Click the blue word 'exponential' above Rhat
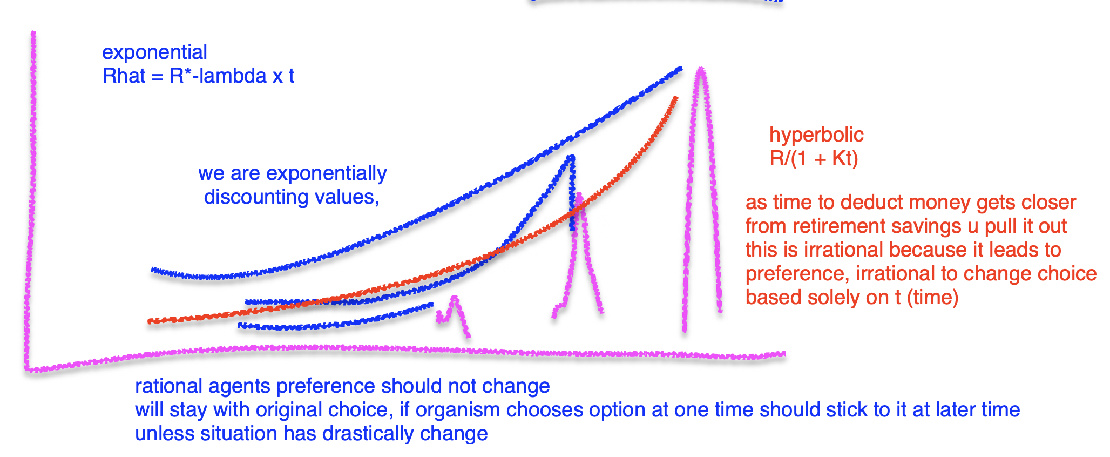(x=154, y=52)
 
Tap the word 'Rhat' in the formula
(x=124, y=76)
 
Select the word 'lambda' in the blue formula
(x=233, y=76)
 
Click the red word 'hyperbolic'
(x=816, y=135)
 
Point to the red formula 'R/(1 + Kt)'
(x=813, y=159)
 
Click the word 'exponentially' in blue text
(x=326, y=173)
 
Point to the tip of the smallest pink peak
(x=455, y=297)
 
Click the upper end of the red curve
(x=676, y=98)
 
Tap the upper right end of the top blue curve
(x=680, y=69)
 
